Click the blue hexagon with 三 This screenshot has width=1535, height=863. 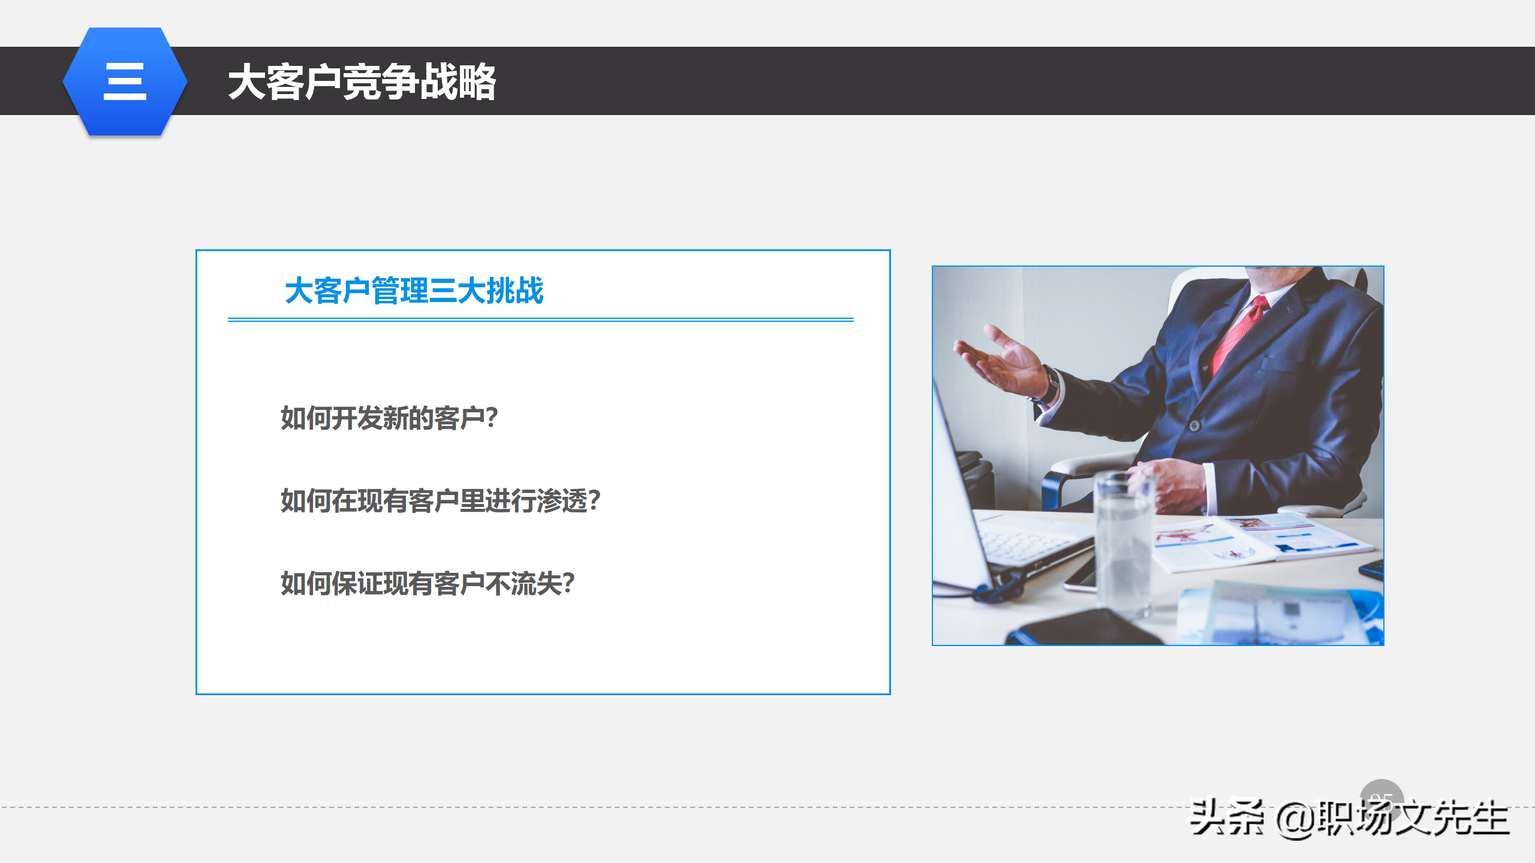[125, 82]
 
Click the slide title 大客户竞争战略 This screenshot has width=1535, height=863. [362, 82]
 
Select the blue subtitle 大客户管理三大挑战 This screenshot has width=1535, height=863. [414, 291]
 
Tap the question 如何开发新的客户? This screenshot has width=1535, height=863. [389, 418]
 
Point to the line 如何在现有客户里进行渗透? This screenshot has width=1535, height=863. [440, 500]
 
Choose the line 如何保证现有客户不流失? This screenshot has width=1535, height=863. [428, 583]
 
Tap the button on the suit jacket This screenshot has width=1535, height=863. [1194, 426]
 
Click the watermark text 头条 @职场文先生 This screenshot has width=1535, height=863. [1349, 818]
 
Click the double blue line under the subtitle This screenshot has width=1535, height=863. [540, 320]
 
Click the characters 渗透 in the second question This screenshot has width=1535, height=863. [562, 500]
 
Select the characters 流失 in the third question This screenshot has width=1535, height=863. [536, 583]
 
